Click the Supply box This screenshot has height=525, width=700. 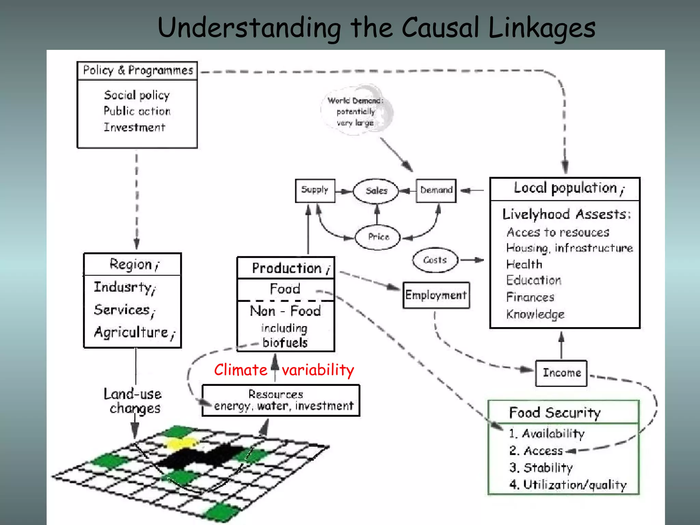pos(315,190)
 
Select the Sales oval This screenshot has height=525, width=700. pos(376,191)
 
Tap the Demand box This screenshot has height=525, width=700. pos(436,190)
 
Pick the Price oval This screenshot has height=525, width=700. pos(378,237)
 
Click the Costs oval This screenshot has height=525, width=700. pos(435,260)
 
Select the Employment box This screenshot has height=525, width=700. pos(436,295)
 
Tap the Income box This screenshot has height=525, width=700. pos(561,373)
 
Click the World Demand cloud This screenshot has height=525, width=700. pos(355,111)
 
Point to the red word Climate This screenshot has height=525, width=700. pos(241,370)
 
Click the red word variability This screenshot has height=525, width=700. pos(318,370)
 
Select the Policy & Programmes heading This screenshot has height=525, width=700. pos(138,71)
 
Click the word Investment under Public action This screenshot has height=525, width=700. pos(134,127)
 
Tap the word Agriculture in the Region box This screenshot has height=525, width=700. pos(132,332)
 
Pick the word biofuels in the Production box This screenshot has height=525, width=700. pos(285,342)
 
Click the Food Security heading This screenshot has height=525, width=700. pos(554,413)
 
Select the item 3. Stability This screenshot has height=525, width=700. pos(541,468)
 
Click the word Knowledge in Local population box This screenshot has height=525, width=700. pos(535,314)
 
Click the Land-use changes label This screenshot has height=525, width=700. pos(133,401)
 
